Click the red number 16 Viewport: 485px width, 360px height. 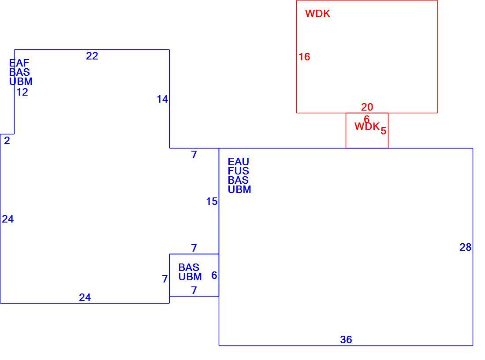[x=304, y=57]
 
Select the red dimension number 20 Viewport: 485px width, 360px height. [x=367, y=107]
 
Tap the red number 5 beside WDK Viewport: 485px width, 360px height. [x=383, y=131]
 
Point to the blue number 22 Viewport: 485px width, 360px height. [x=92, y=56]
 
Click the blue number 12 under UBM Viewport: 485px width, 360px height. [x=22, y=92]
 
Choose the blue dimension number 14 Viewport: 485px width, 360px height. [x=162, y=99]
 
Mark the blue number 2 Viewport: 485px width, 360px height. [x=7, y=141]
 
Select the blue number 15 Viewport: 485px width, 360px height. [x=212, y=201]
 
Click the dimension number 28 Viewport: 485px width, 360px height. [x=466, y=247]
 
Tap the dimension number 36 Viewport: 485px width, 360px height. [x=346, y=340]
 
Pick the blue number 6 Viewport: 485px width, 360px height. [x=214, y=275]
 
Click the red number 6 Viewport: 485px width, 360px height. [x=367, y=119]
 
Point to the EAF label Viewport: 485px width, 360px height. [x=19, y=63]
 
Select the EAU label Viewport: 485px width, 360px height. [x=239, y=162]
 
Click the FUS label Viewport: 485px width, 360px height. [x=239, y=171]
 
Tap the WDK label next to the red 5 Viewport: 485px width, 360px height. [x=367, y=126]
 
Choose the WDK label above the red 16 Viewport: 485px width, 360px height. [x=317, y=14]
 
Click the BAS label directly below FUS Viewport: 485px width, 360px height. [x=238, y=180]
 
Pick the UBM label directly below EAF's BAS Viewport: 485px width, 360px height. [x=21, y=82]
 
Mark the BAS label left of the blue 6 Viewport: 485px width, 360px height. [x=189, y=267]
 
